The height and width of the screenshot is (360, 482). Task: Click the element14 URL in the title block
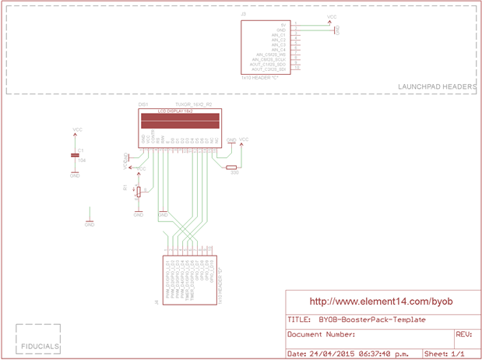tap(381, 301)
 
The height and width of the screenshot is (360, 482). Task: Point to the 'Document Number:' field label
tap(322, 334)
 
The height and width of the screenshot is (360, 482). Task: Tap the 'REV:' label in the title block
tap(463, 334)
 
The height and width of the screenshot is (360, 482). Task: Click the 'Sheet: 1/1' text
tap(449, 353)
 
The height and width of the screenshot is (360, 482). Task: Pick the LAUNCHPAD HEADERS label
tap(436, 86)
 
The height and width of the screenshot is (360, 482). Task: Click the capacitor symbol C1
tap(75, 155)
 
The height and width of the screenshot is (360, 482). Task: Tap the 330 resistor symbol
tap(231, 167)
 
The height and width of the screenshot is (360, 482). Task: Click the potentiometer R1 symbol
tap(139, 190)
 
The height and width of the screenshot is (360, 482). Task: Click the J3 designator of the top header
tap(244, 15)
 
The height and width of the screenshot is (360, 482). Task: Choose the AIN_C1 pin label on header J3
tap(279, 35)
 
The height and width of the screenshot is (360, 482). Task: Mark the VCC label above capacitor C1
tap(77, 129)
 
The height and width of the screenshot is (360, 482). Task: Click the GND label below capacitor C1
tap(75, 176)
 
